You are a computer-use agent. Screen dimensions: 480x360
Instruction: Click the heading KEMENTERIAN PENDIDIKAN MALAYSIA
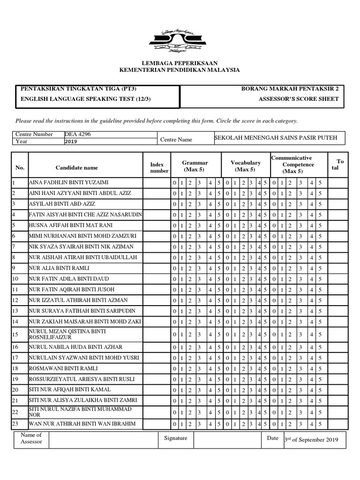180,70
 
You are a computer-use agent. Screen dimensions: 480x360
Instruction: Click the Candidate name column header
77,167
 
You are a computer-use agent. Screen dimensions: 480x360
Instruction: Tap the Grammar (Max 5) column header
195,166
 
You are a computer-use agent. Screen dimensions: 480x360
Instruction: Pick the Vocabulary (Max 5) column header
246,166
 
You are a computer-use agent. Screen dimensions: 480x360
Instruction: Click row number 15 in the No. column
15,334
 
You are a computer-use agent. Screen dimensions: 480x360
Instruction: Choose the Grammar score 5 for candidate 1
219,183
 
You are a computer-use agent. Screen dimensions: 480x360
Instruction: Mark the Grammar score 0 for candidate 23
174,425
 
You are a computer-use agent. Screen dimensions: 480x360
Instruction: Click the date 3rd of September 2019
311,440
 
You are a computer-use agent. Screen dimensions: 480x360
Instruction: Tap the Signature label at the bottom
176,438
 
